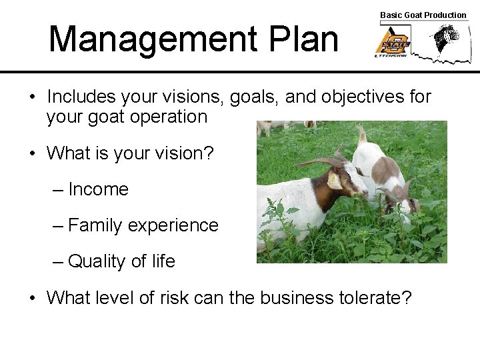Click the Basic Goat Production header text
point(423,15)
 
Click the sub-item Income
point(98,189)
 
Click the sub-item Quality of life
point(121,261)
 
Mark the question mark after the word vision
point(209,153)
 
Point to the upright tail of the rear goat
point(361,135)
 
